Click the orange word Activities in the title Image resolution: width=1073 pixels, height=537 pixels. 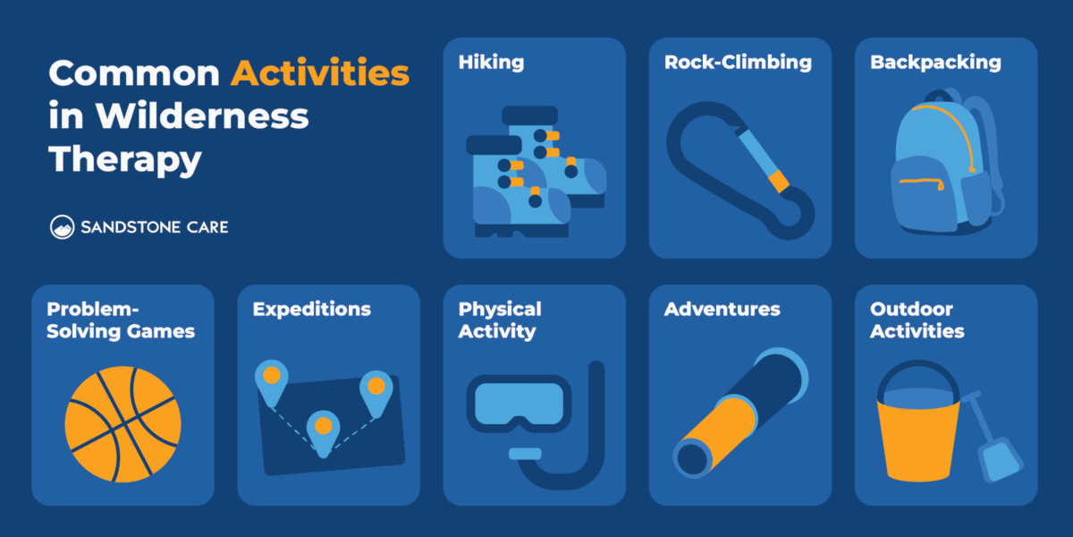pos(320,73)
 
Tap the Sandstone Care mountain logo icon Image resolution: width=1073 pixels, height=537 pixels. pos(63,227)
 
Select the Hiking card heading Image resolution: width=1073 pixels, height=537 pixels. pos(491,63)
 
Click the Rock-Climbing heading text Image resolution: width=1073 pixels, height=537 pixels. pos(738,63)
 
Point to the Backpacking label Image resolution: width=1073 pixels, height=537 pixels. pos(935,63)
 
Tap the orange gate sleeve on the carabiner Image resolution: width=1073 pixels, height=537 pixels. pos(781,183)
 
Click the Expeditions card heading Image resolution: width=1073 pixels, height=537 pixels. pos(311,310)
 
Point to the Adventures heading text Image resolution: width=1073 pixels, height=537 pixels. pos(722,310)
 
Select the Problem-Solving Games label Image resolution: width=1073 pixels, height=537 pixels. pos(121,320)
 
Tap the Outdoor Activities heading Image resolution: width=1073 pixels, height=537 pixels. pos(917,320)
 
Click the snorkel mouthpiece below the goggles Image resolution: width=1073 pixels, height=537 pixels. pos(525,454)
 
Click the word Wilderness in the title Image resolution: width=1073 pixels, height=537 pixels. pos(201,116)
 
